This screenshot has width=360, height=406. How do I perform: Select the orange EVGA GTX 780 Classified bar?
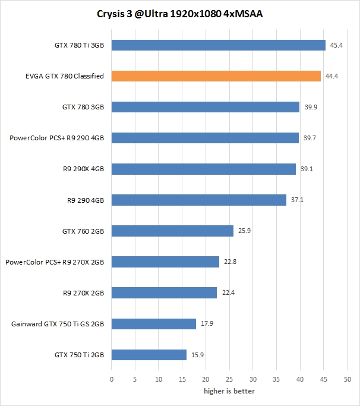coord(216,76)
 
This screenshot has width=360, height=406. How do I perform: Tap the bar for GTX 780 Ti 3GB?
coord(219,45)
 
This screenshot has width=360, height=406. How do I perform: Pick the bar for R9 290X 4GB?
coord(204,169)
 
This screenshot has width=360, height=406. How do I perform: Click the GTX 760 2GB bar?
coord(172,231)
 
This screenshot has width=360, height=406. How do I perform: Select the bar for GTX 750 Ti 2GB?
coord(149,355)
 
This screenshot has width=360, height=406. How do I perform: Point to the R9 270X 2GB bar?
coord(164,292)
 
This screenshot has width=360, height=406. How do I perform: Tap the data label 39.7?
coord(310,138)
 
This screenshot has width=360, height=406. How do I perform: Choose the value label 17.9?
coord(207,324)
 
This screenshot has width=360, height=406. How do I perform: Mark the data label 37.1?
coord(298,200)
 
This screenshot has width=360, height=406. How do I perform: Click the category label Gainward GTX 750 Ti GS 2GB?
coord(58,324)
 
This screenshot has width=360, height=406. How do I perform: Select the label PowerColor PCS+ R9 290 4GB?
coord(56,138)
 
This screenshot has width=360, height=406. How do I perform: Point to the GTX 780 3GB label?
coord(83,107)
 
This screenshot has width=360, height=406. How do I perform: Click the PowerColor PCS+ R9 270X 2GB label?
coord(55,262)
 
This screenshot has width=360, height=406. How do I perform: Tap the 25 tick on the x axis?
coord(229,379)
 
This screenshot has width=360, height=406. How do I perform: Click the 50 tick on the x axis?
coord(348,379)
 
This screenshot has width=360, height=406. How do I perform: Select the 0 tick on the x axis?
coord(112,379)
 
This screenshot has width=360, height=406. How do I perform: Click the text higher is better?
coord(229,391)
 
